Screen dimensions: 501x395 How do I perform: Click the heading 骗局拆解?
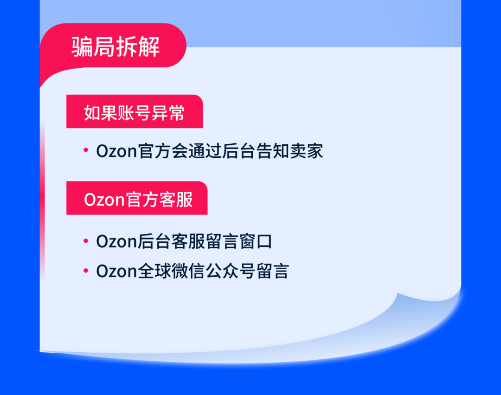click(116, 47)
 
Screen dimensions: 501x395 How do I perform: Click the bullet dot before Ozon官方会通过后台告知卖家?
click(86, 150)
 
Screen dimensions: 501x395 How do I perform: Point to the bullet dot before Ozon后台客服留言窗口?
click(86, 240)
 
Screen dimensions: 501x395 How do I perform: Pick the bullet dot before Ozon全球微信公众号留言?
click(86, 271)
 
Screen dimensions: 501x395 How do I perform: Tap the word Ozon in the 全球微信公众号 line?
click(116, 271)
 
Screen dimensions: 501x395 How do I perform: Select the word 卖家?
click(307, 151)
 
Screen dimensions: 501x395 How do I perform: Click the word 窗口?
click(256, 241)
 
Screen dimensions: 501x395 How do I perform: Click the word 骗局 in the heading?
click(93, 47)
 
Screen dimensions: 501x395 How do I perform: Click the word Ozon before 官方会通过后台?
click(116, 151)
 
